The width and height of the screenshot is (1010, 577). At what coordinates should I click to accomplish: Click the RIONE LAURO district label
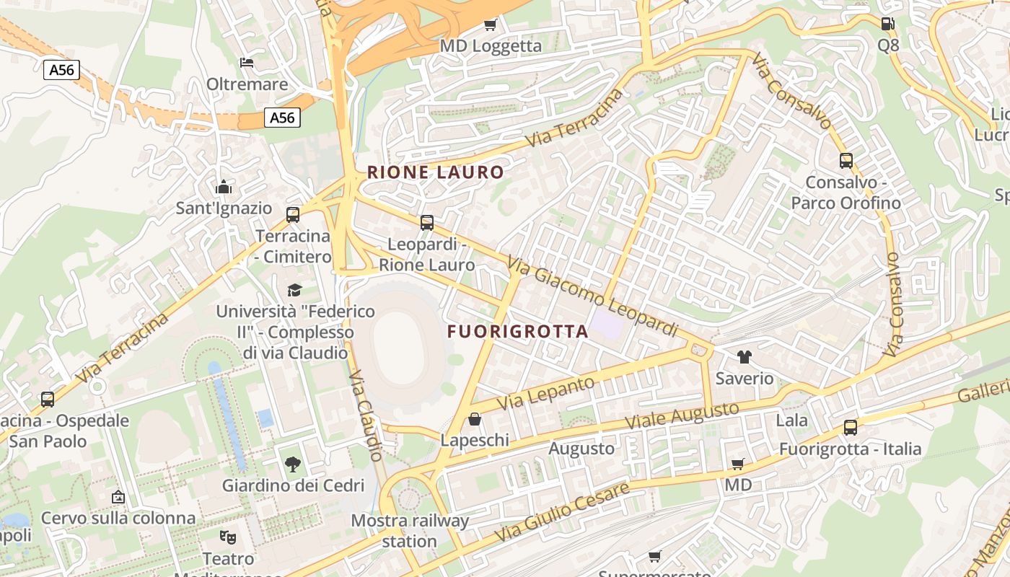click(x=435, y=172)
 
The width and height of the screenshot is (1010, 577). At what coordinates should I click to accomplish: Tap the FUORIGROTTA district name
click(x=517, y=332)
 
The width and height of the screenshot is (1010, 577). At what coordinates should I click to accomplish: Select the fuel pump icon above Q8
click(x=887, y=23)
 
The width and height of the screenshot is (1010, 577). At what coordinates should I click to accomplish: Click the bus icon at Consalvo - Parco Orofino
click(x=846, y=161)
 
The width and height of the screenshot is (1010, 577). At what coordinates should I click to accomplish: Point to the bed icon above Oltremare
click(x=247, y=63)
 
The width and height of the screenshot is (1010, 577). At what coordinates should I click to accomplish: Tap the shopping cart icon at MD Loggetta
click(x=491, y=25)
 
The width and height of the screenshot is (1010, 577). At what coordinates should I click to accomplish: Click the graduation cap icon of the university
click(x=294, y=290)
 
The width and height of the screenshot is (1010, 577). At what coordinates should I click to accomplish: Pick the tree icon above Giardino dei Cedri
click(x=292, y=464)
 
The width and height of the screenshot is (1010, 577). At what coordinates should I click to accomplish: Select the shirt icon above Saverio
click(x=744, y=356)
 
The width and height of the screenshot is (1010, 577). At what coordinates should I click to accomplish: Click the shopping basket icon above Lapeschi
click(x=475, y=419)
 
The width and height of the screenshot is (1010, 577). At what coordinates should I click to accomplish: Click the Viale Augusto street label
click(x=682, y=415)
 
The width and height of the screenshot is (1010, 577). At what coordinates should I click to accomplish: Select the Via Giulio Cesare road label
click(x=561, y=513)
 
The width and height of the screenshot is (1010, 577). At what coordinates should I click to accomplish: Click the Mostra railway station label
click(x=410, y=530)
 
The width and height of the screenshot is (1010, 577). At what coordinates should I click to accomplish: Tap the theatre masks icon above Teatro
click(x=228, y=537)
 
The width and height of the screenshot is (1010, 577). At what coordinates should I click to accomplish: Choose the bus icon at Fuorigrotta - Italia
click(x=851, y=428)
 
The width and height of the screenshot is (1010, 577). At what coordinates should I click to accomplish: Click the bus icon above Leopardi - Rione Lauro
click(x=427, y=222)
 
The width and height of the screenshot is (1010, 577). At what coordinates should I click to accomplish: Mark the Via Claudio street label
click(x=366, y=415)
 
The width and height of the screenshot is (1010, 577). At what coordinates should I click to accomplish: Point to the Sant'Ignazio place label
click(x=224, y=208)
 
